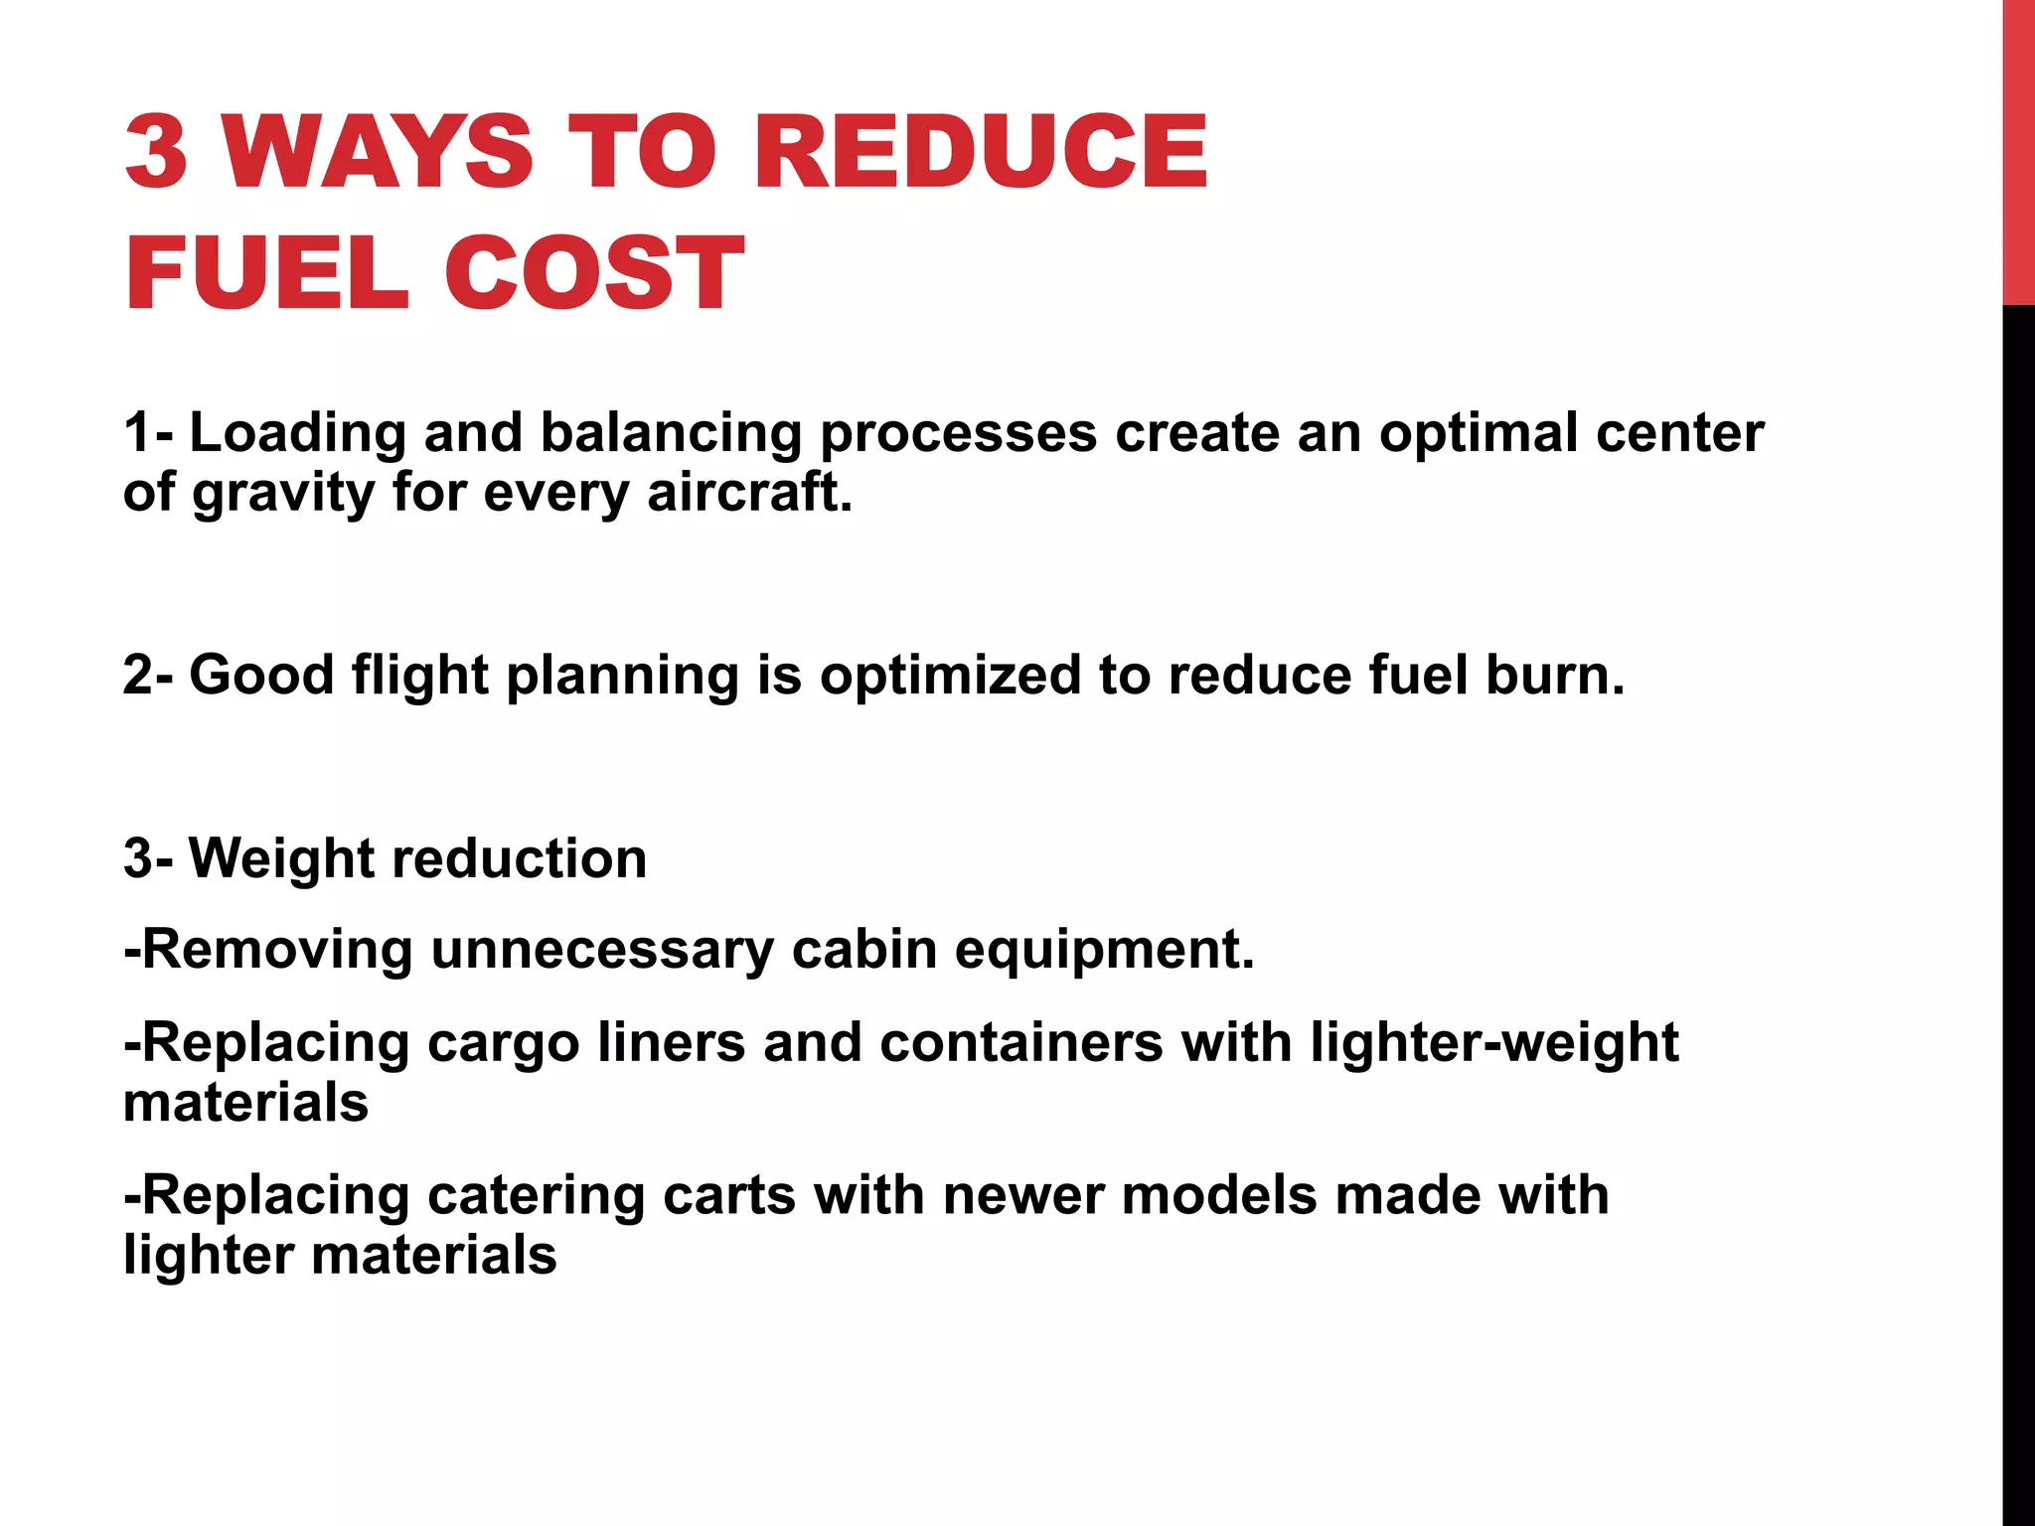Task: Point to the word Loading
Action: (297, 434)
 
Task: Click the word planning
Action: (622, 677)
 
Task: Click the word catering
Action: (537, 1196)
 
